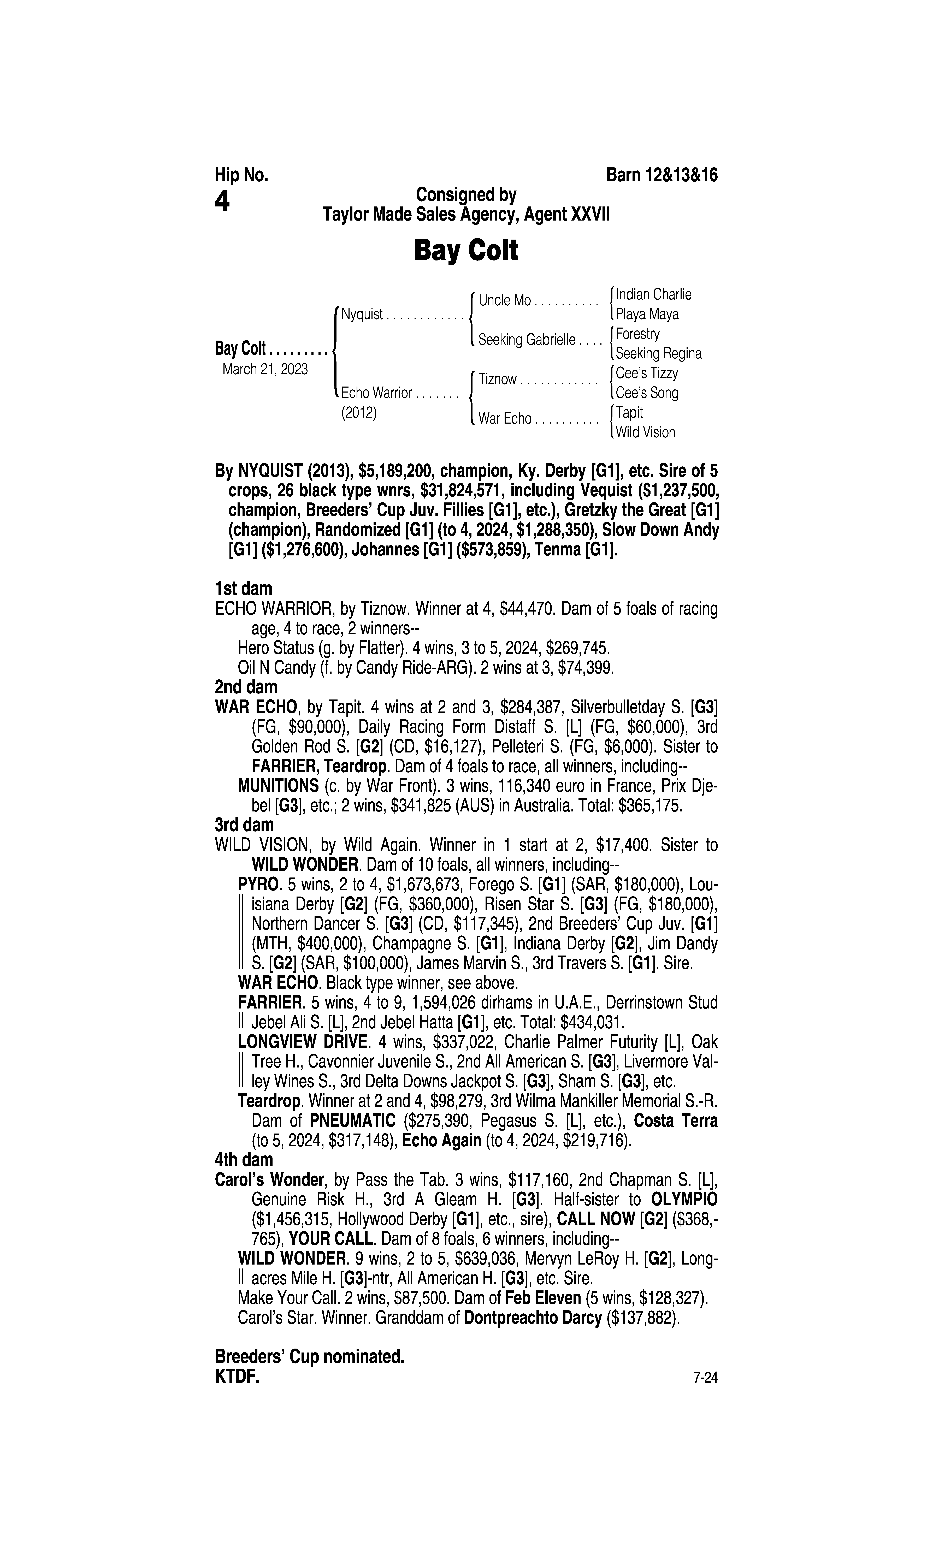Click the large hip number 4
[223, 201]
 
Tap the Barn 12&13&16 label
[661, 175]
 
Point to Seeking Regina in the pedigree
[658, 353]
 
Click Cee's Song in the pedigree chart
[647, 393]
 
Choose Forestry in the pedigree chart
[637, 334]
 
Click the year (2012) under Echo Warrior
[358, 413]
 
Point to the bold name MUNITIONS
[278, 786]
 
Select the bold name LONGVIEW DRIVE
[302, 1041]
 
